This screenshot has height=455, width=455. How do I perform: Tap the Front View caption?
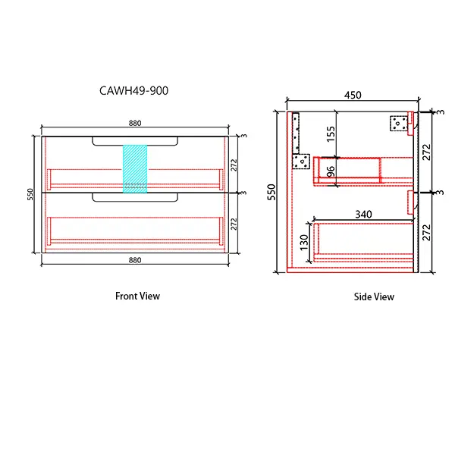pos(137,296)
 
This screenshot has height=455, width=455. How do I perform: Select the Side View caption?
pos(374,297)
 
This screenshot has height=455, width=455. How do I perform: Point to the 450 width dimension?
pos(353,95)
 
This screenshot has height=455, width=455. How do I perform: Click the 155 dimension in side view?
pos(331,134)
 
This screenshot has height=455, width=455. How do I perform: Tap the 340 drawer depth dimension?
pos(363,215)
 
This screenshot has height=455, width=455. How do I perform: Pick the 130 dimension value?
pos(304,242)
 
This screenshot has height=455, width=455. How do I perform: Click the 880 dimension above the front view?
pos(135,124)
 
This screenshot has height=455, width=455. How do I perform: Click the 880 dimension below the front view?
pos(135,260)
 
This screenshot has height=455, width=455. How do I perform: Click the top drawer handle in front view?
pos(135,140)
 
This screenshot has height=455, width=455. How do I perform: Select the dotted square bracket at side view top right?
pos(398,123)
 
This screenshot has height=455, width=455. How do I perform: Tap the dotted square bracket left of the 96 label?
pos(302,161)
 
